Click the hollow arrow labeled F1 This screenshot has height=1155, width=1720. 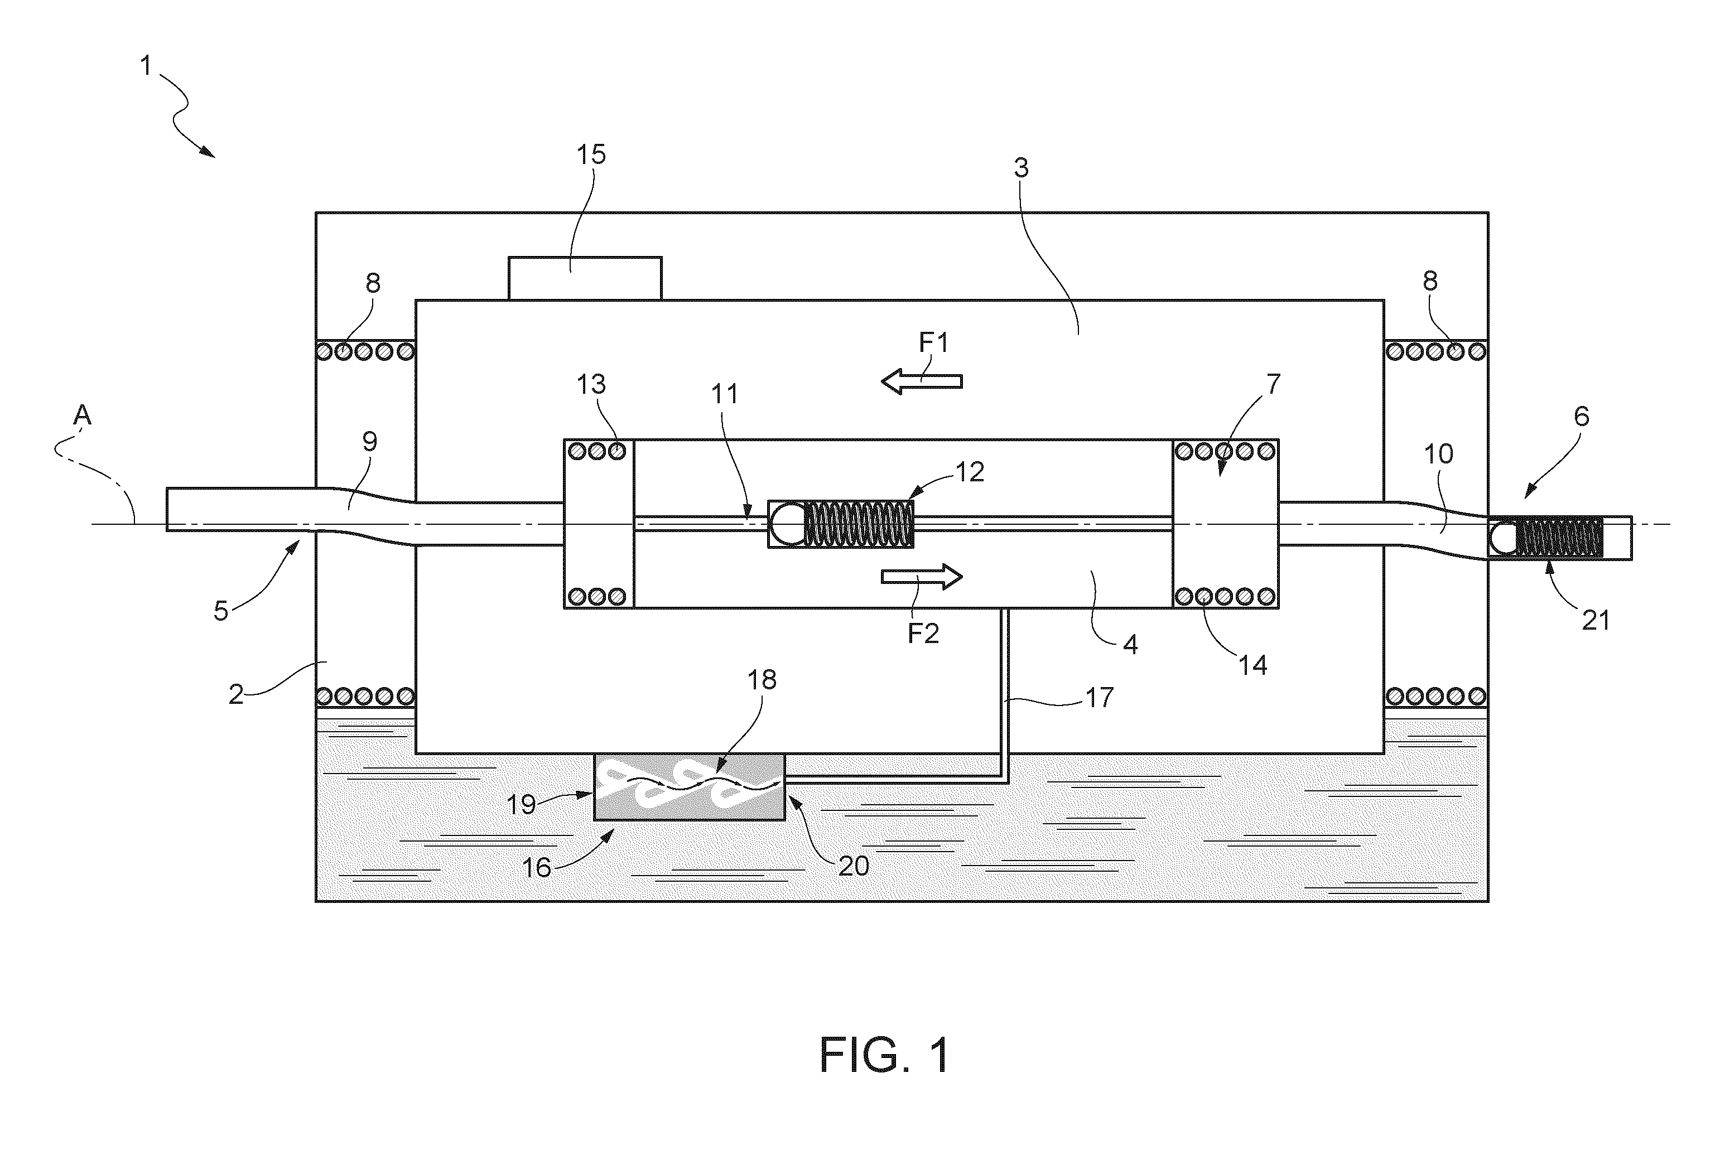click(922, 381)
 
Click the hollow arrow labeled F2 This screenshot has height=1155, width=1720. click(922, 577)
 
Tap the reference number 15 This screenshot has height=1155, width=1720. click(590, 154)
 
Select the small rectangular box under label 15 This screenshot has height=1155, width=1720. click(585, 278)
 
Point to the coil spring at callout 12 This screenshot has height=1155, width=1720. click(859, 524)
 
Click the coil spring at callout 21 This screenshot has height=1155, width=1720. click(1559, 538)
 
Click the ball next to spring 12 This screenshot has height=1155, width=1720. click(788, 524)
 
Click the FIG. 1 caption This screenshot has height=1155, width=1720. click(884, 1055)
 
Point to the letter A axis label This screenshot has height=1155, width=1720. click(82, 416)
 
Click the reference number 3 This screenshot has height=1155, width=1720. click(1020, 168)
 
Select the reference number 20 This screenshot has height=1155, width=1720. click(854, 866)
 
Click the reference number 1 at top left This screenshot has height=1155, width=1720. click(146, 66)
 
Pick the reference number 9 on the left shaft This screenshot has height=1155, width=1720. click(370, 441)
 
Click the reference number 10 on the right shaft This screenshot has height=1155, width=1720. click(1438, 454)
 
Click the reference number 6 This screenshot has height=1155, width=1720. click(1582, 417)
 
